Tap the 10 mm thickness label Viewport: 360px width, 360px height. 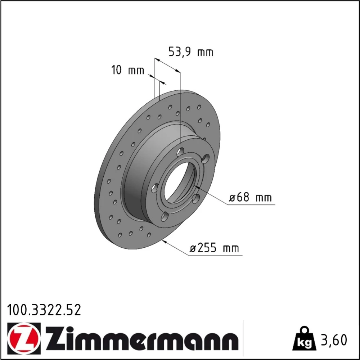click(x=128, y=70)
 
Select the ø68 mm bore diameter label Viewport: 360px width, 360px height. click(x=251, y=197)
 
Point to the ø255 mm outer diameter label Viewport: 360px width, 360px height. click(x=215, y=248)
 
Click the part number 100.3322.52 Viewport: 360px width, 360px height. click(x=44, y=310)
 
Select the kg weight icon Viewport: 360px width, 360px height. click(x=304, y=338)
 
